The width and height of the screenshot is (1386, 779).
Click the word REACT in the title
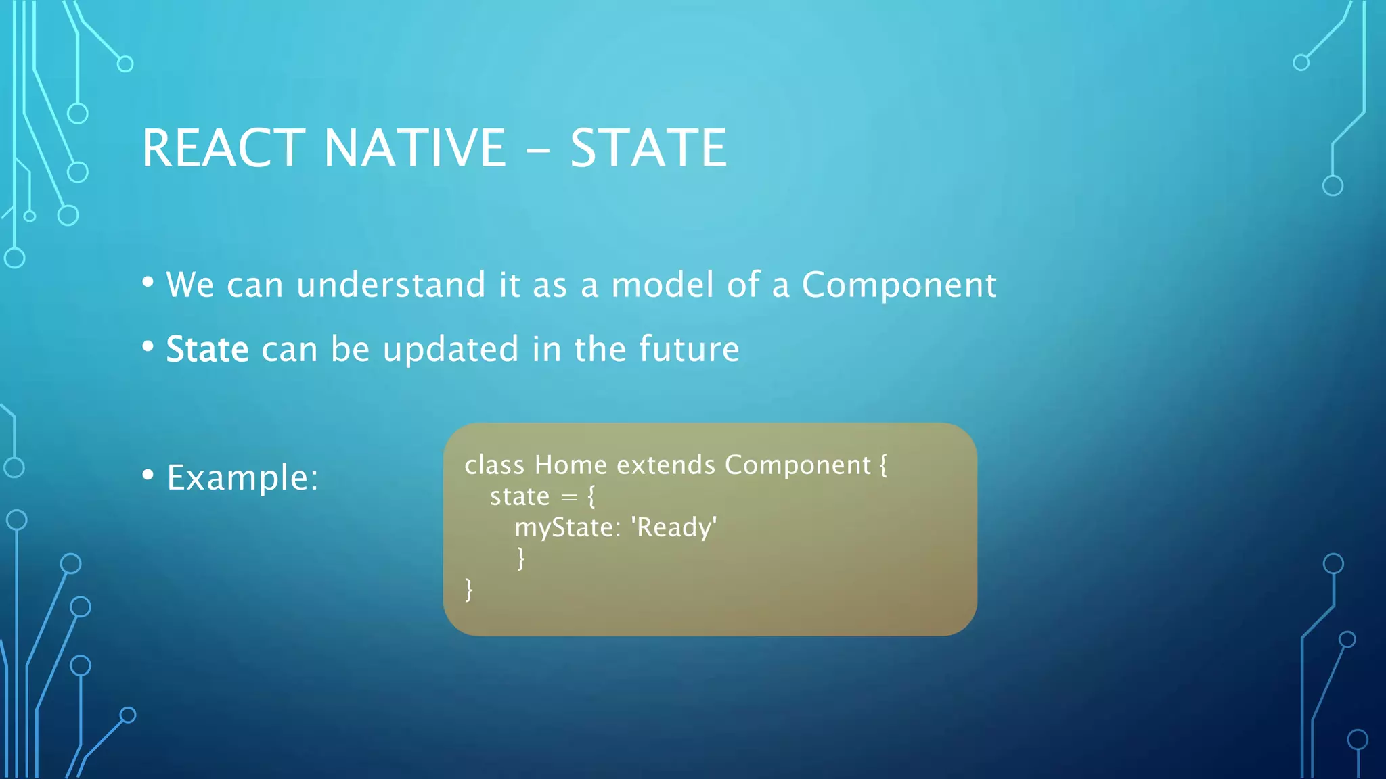click(223, 148)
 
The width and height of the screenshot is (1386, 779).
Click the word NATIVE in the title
click(414, 148)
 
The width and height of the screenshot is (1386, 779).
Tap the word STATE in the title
click(648, 148)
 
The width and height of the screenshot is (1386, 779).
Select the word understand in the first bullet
click(390, 285)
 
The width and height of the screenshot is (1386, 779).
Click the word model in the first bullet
click(662, 285)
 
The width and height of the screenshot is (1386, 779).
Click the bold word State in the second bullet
click(207, 350)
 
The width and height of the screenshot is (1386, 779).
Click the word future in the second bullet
click(689, 350)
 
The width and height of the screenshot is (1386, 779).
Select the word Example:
click(242, 478)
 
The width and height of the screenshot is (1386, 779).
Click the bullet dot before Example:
click(148, 475)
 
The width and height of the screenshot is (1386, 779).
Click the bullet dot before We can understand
click(148, 281)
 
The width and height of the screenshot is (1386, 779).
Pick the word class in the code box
click(494, 465)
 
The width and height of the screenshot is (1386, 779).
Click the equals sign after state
click(569, 498)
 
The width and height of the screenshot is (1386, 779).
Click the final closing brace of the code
click(468, 589)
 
